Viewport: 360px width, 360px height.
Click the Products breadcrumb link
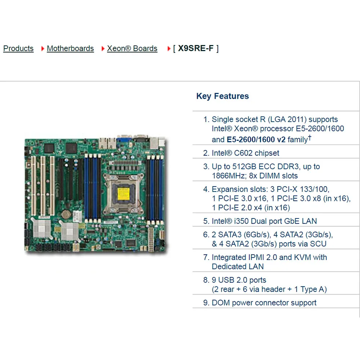[18, 49]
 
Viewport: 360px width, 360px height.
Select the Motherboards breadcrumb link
[70, 49]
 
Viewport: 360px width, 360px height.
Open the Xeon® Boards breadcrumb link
[132, 49]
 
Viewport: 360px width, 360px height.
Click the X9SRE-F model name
[195, 48]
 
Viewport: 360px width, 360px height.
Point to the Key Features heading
[222, 96]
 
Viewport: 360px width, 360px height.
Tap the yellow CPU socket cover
[123, 194]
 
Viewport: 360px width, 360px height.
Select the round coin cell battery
[66, 214]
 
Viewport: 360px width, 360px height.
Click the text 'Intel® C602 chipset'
[246, 153]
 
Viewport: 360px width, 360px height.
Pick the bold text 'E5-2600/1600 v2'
[256, 139]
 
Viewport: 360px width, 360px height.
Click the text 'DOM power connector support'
[264, 303]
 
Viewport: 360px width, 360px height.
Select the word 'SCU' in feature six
[318, 244]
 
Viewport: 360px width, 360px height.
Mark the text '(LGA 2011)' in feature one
[287, 120]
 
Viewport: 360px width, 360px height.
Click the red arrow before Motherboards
[42, 49]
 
